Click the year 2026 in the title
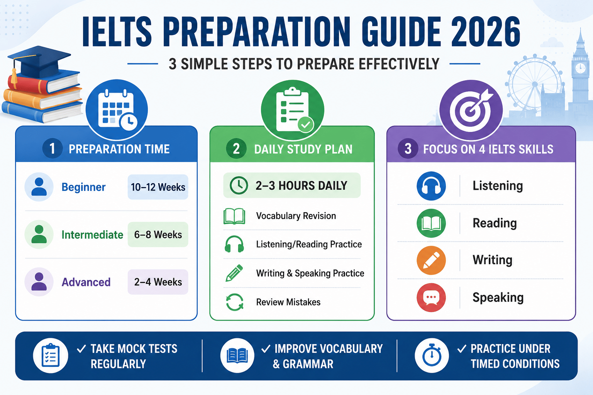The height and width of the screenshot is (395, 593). [x=486, y=32]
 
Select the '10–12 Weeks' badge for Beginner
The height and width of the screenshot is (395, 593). [x=158, y=187]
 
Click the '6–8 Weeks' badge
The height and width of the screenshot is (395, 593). [x=158, y=235]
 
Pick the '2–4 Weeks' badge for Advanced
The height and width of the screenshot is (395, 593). [x=158, y=282]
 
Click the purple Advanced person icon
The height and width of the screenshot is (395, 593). [x=39, y=282]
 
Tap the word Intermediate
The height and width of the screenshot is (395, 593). [x=92, y=235]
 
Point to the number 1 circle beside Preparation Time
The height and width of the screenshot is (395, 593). [x=53, y=149]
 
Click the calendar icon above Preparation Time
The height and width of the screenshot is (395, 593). [x=117, y=110]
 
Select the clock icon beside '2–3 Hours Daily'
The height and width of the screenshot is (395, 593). [x=239, y=186]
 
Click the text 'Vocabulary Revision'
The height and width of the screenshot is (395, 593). [x=296, y=216]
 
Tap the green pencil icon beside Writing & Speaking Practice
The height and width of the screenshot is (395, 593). [x=234, y=273]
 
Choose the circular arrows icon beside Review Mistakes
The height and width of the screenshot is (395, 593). [x=235, y=302]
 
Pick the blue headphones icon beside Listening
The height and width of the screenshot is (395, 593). [x=431, y=186]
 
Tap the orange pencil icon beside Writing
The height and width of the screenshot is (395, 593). [x=431, y=260]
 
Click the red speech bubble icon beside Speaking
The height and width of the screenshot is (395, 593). [x=431, y=298]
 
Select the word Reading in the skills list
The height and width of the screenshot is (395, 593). [x=495, y=223]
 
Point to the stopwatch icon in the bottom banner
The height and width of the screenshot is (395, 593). [x=432, y=356]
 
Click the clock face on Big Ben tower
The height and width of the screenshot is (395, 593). [x=580, y=68]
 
